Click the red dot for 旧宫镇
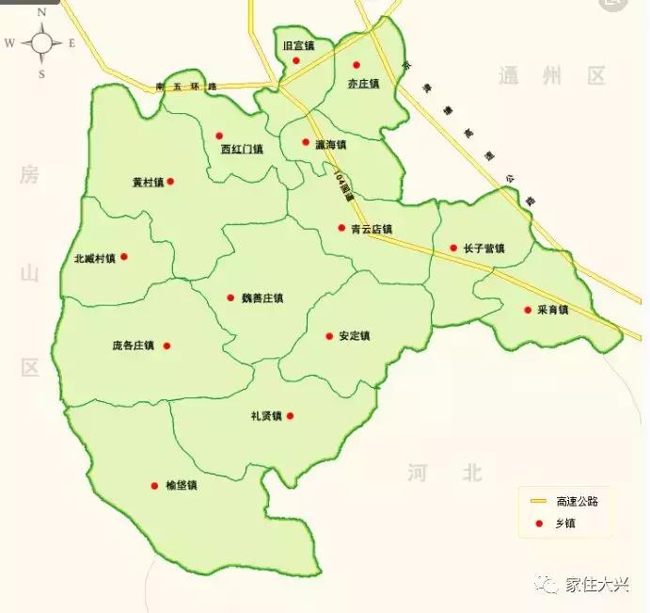[x=296, y=61]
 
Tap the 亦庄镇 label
[x=362, y=84]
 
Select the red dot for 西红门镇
[x=219, y=136]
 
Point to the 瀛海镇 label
[x=331, y=145]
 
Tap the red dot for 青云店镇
[x=341, y=228]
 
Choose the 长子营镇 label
[x=484, y=250]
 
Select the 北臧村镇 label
[x=94, y=258]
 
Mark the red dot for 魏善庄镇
[x=230, y=298]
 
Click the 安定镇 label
[x=355, y=336]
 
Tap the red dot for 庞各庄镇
[x=167, y=346]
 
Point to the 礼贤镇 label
[x=266, y=416]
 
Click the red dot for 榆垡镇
[x=154, y=486]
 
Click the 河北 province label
[x=446, y=472]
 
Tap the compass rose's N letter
[x=41, y=13]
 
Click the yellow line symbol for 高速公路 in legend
[x=539, y=501]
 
